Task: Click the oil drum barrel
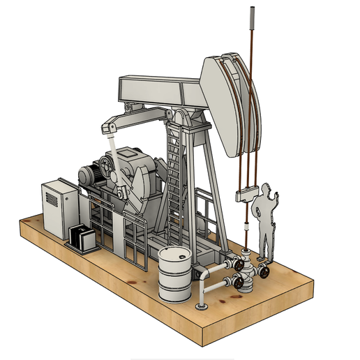174,276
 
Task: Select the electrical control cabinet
59,209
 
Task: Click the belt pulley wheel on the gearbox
107,167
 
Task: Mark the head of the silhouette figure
267,189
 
